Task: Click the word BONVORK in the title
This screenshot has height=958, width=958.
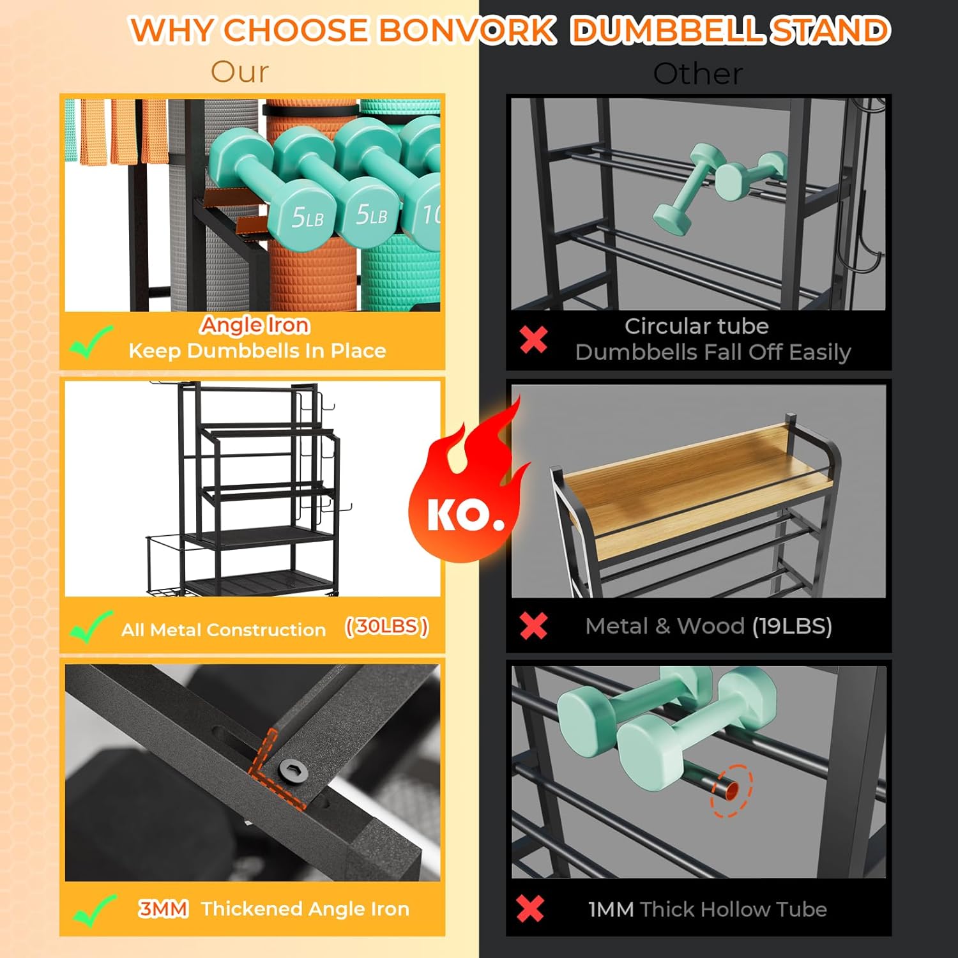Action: point(467,30)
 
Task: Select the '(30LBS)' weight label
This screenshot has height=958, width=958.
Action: point(386,627)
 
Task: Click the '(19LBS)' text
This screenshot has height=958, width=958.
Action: point(792,627)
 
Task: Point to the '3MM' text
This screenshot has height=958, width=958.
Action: point(163,908)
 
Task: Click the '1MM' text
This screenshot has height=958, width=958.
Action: point(611,909)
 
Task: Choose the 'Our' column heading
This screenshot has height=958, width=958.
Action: point(240,72)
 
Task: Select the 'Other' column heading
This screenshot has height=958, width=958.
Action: point(698,74)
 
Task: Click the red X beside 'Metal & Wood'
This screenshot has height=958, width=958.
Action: point(533,626)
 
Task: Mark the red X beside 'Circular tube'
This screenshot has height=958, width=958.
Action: point(533,338)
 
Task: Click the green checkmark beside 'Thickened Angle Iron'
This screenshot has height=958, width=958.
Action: point(94,909)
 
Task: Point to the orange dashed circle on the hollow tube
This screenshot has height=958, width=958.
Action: point(732,791)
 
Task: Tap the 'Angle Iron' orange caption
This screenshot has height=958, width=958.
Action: point(255,325)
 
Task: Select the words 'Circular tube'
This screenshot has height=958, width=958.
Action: point(696,326)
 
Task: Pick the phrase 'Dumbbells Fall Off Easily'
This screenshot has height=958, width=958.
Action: point(713,352)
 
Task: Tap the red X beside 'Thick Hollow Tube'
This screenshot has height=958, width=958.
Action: point(530,908)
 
